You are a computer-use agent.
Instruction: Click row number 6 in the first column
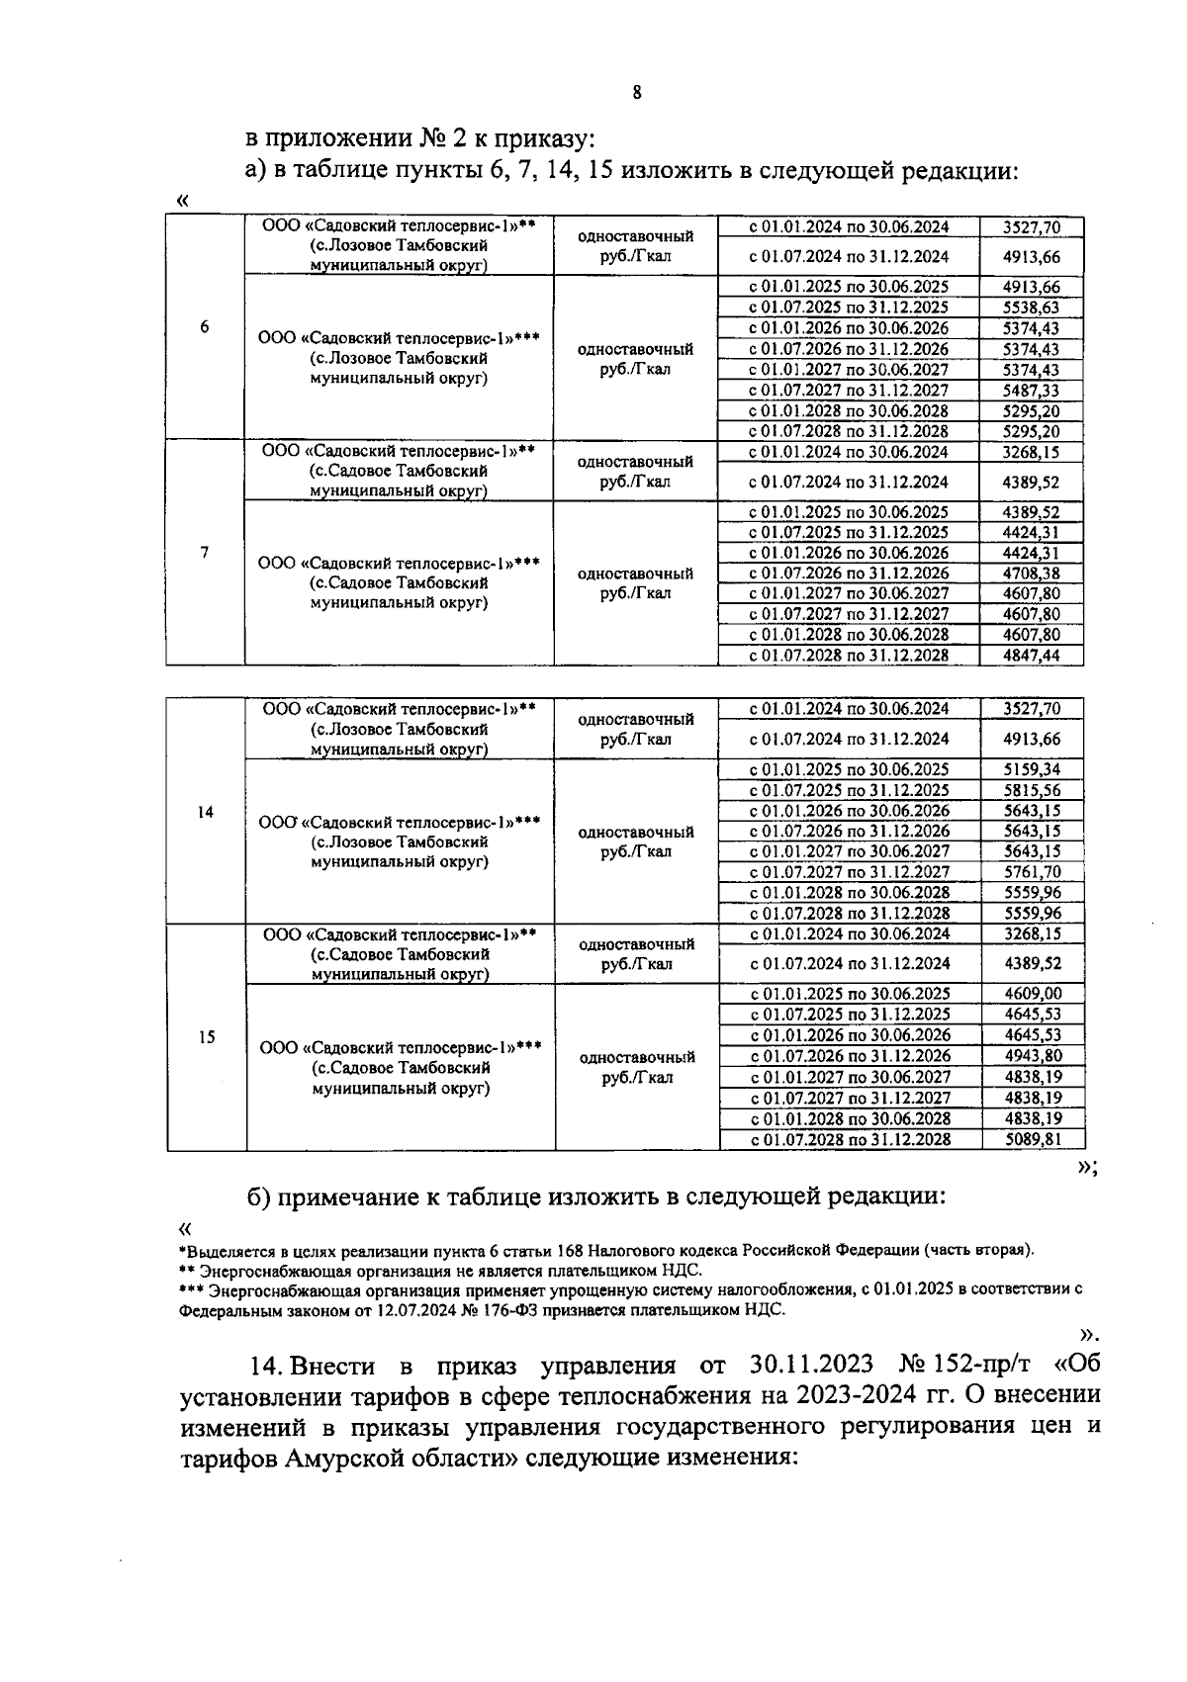coord(204,327)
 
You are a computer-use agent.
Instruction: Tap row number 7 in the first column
coord(204,552)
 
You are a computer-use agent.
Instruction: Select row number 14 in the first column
coord(205,812)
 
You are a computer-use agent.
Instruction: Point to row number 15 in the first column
coord(206,1037)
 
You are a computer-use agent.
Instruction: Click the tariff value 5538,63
coord(1031,308)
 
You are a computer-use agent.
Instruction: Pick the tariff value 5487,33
coord(1031,391)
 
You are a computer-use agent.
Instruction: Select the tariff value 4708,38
coord(1031,574)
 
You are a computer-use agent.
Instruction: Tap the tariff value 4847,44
coord(1031,656)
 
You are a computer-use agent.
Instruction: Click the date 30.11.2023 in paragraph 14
coord(806,1366)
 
